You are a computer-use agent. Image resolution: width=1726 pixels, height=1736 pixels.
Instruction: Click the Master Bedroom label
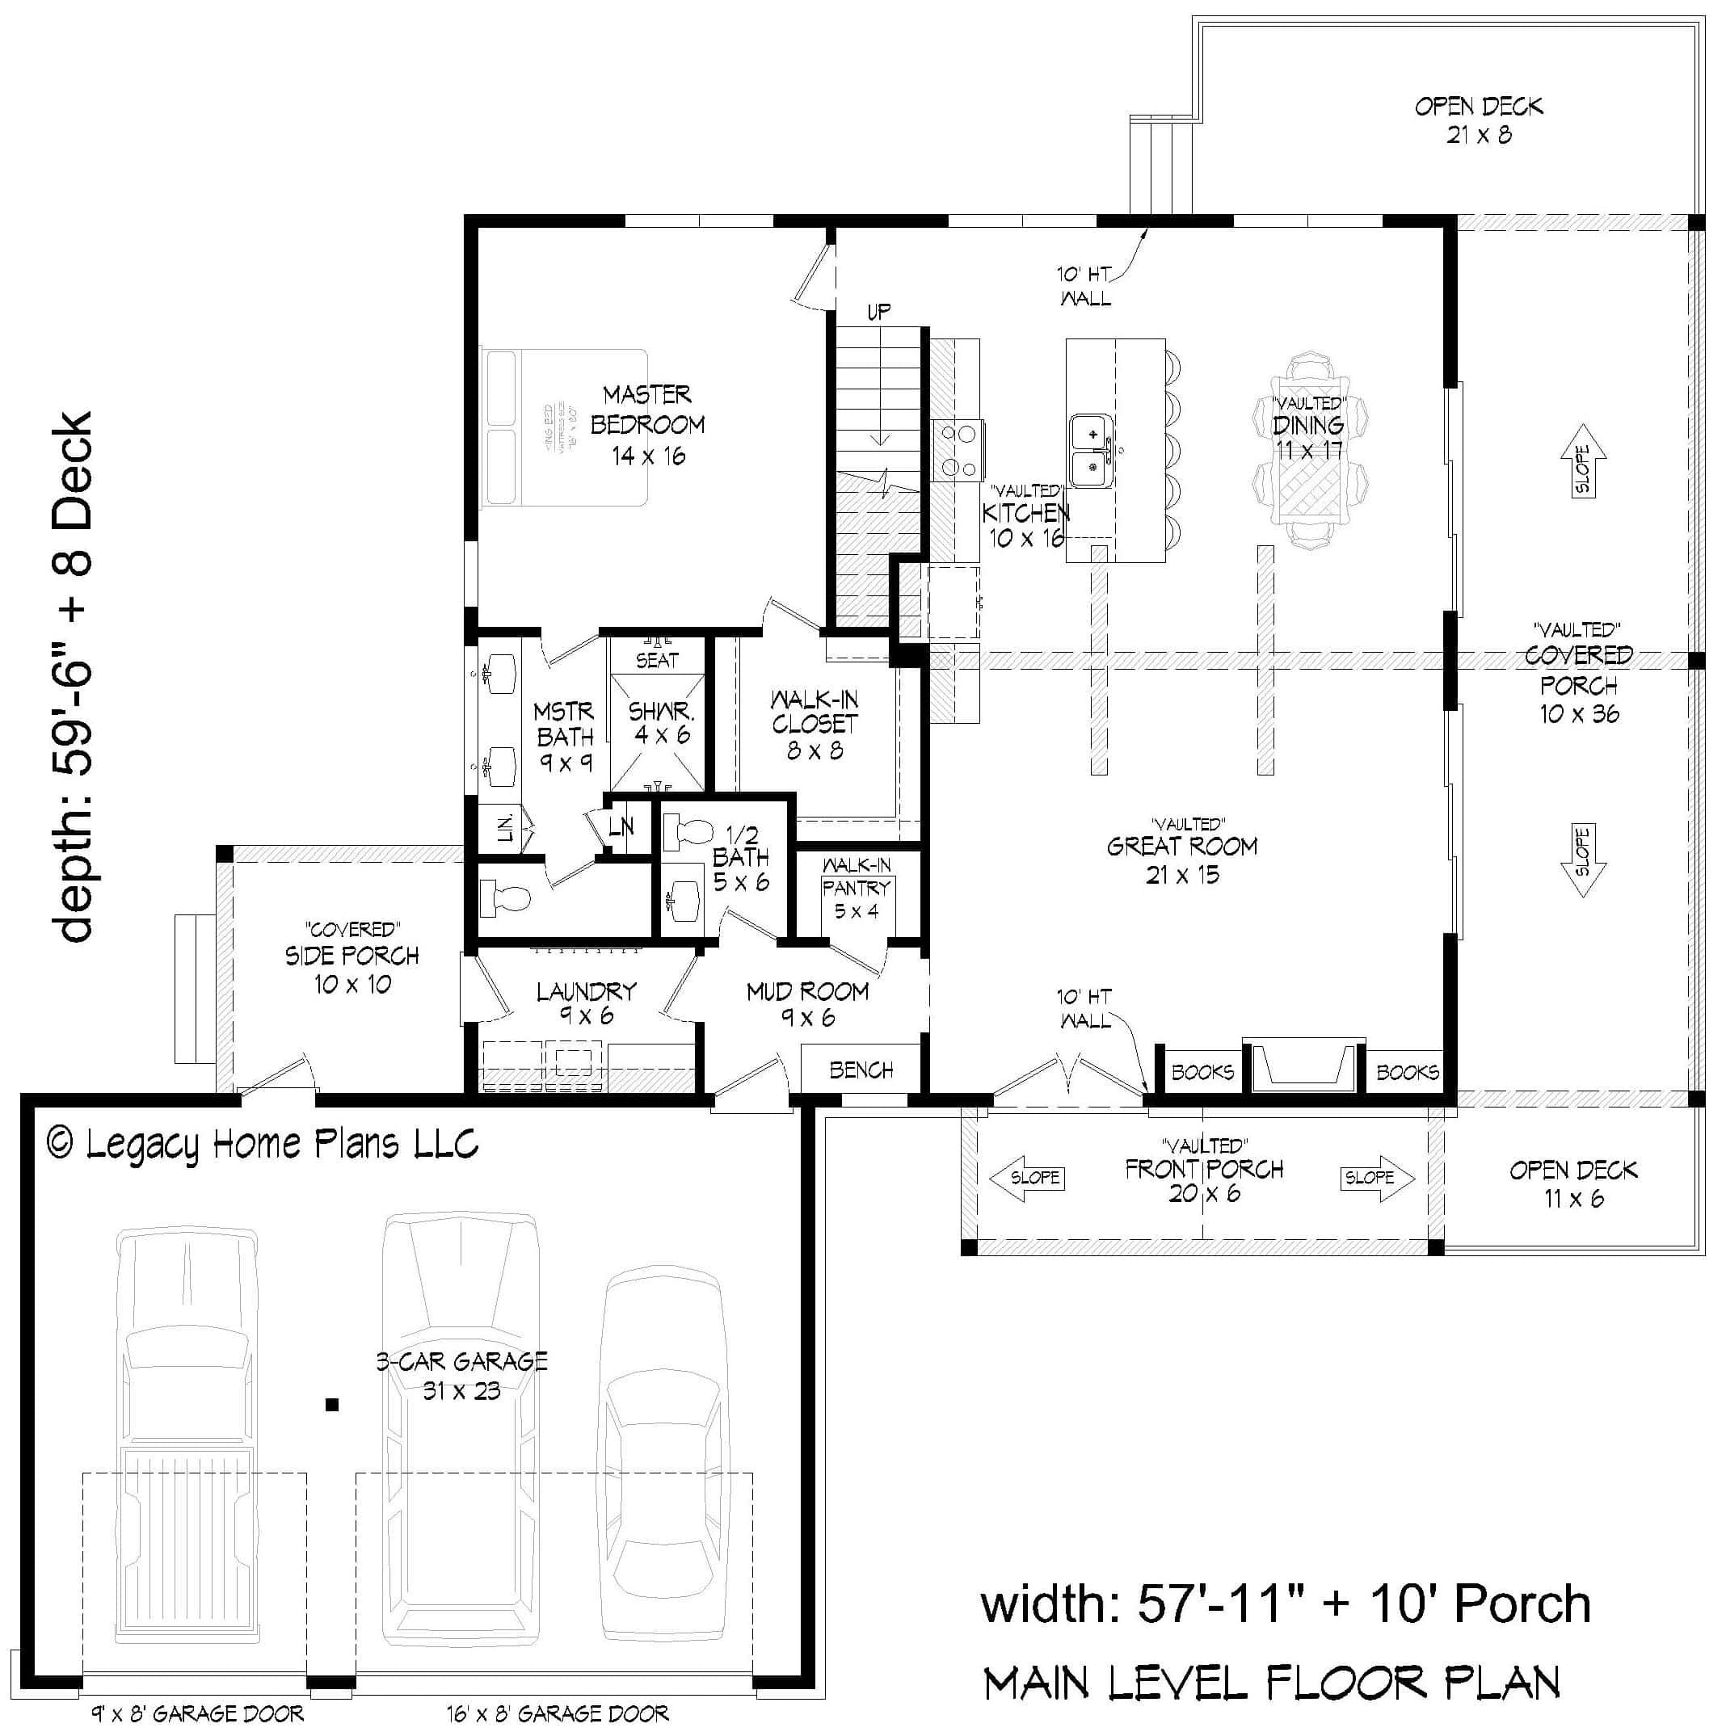tap(647, 424)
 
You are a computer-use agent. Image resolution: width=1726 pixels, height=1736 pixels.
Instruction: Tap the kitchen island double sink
tap(1092, 450)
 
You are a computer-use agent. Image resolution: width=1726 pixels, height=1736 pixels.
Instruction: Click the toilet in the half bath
tap(687, 832)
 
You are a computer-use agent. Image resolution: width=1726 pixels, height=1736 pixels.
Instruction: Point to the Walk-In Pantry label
tap(856, 888)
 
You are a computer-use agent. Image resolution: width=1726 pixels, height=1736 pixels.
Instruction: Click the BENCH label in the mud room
tap(861, 1070)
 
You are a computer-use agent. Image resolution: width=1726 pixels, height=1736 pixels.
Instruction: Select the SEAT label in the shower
tap(657, 661)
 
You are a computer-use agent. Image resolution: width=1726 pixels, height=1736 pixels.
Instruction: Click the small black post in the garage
tap(332, 1405)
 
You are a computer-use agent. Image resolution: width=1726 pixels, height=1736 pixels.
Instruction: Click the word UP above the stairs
tap(878, 312)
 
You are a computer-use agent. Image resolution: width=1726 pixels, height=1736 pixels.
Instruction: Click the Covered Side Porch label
tap(352, 957)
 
